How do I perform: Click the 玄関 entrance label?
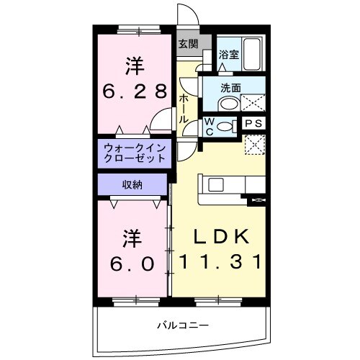click(188, 44)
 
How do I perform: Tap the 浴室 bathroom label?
click(229, 54)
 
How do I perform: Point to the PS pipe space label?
click(253, 123)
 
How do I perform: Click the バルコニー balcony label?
click(184, 325)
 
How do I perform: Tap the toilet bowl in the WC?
click(227, 127)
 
